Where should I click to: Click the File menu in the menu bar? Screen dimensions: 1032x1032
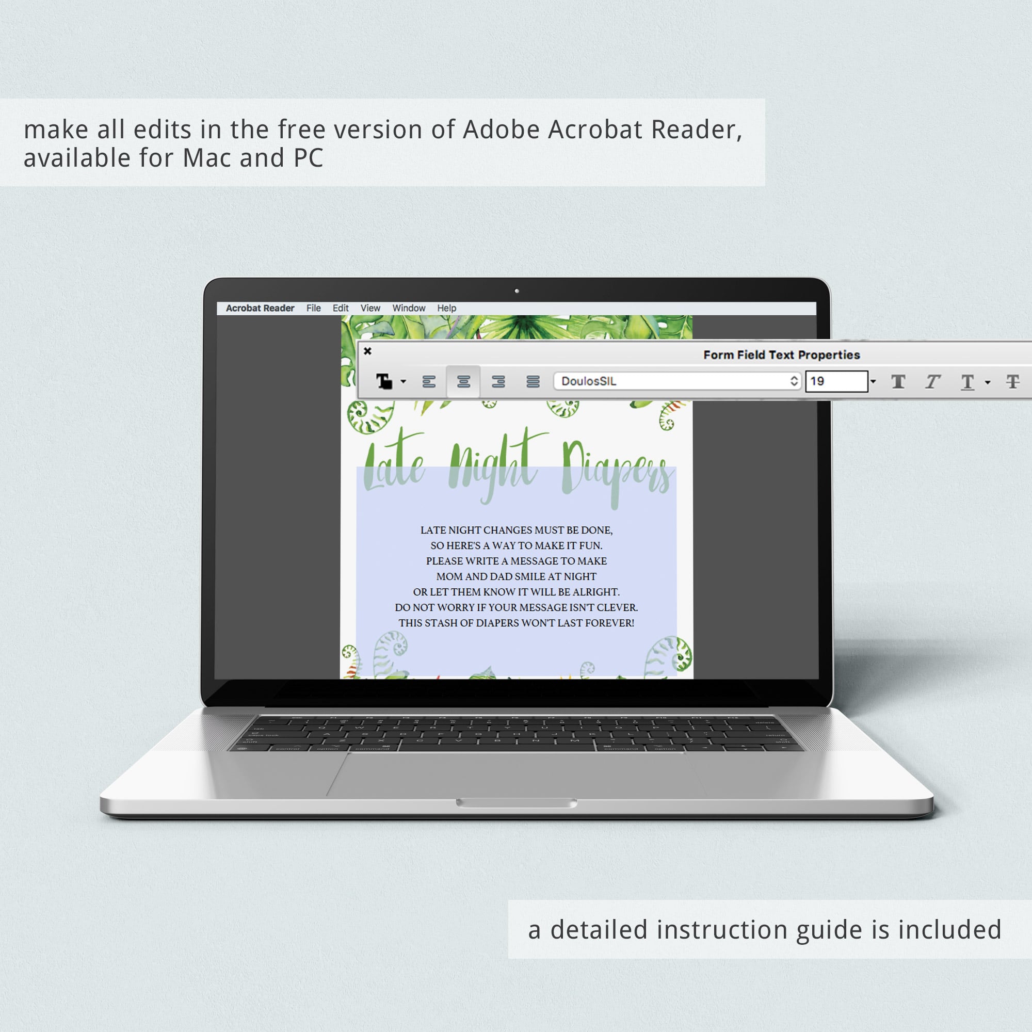[x=314, y=308]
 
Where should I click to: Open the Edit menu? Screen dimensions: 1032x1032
[x=340, y=308]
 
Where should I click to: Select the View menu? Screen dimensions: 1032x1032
[x=370, y=308]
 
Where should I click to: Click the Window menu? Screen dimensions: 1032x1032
[x=409, y=308]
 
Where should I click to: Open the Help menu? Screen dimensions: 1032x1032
[x=446, y=308]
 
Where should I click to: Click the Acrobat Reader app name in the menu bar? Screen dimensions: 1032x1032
[x=260, y=308]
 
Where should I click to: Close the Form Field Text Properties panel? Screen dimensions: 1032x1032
[x=367, y=351]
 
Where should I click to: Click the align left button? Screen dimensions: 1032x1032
[x=429, y=381]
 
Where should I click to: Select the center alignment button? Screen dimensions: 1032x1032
[x=464, y=381]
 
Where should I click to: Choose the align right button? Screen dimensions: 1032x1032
[x=498, y=381]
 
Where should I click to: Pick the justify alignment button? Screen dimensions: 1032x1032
[x=533, y=381]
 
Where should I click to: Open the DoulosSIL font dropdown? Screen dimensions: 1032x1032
[x=678, y=381]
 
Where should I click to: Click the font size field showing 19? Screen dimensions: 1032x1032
[x=836, y=381]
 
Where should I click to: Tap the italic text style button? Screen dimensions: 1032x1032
[x=932, y=381]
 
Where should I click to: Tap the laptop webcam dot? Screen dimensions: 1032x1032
[x=517, y=291]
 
